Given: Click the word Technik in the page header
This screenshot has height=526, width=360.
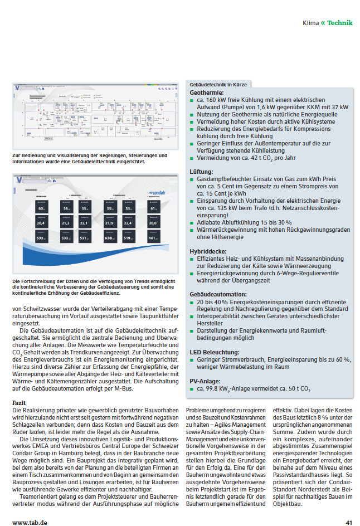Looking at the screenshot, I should click(x=339, y=23).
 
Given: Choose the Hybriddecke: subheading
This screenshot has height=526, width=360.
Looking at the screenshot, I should click(x=209, y=251).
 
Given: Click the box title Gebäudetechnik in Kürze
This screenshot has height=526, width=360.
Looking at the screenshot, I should click(x=218, y=84).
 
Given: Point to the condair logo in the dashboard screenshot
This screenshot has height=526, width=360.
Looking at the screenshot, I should click(x=159, y=193).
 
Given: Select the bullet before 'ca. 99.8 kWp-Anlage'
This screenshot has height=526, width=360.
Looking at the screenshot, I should click(x=192, y=390).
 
